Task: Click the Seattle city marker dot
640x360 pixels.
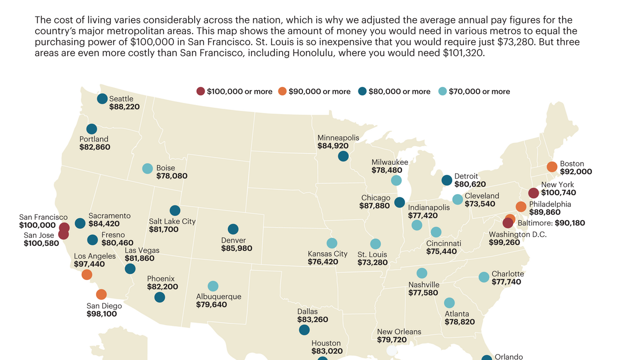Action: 102,99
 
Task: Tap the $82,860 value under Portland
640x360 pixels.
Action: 94,147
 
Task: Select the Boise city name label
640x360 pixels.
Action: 165,168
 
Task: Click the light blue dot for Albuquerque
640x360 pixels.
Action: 213,286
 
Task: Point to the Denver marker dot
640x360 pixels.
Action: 233,229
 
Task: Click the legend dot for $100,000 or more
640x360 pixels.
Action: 201,91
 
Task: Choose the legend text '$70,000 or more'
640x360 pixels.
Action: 479,92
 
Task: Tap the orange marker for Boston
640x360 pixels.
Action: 552,167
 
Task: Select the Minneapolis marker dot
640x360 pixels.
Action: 343,156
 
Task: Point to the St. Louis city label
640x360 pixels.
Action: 372,254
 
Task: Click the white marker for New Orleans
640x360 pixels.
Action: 391,350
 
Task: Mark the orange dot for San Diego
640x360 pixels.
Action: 101,294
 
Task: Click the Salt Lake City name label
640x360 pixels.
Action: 172,221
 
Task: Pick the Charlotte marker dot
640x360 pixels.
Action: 484,277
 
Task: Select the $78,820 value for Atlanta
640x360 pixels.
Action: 460,322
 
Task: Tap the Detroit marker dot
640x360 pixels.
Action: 447,180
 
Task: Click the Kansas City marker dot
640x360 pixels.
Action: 332,243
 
